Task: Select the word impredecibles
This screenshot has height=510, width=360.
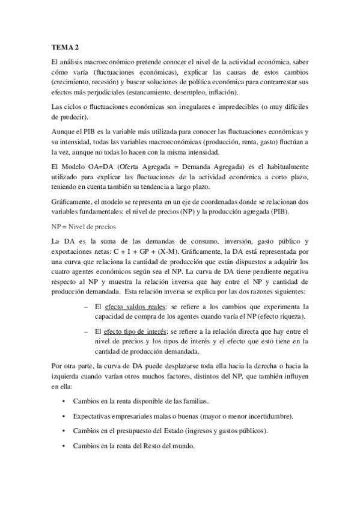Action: [x=231, y=106]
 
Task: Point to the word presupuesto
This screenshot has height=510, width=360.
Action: [x=139, y=432]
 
